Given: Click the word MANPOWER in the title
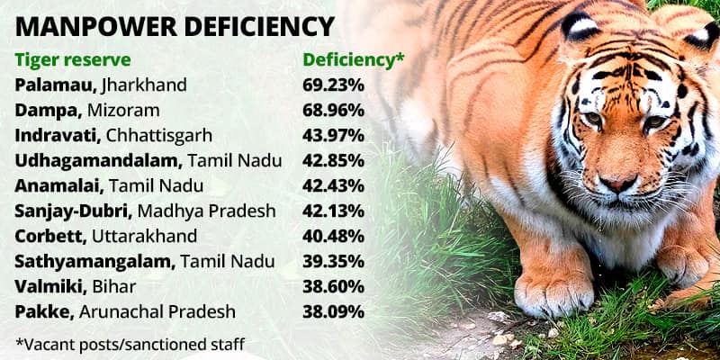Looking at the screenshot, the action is tap(96, 27).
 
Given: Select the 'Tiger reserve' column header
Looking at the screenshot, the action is tap(73, 59).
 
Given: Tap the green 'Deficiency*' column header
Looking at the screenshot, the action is tap(354, 59).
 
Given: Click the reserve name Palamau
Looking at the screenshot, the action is tap(56, 85).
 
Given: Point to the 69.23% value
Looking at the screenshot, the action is tap(333, 85).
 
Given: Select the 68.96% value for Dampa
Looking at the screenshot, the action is tap(333, 110).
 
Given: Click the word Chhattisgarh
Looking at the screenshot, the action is tap(159, 136).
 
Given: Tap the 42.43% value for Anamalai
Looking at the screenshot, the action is tap(333, 186).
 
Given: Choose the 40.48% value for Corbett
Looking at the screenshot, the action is tap(333, 237).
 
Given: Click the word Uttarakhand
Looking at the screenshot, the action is tap(145, 237).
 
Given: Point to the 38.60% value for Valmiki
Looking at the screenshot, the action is tap(333, 287).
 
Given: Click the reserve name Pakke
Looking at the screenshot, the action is tap(44, 312).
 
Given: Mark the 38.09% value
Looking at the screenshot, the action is tap(333, 312).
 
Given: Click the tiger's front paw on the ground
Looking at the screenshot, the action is tap(553, 293).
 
